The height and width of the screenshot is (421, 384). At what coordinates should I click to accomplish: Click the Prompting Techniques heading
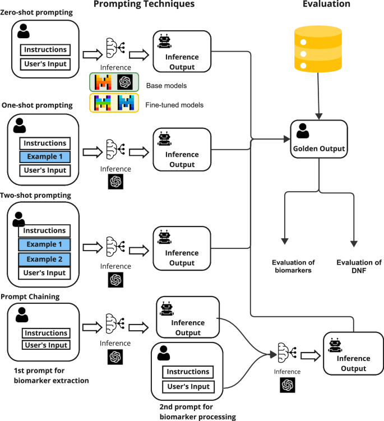pos(144,4)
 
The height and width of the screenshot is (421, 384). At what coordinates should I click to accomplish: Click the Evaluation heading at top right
pos(326,4)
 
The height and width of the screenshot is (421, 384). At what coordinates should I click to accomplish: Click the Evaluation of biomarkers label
pos(293,266)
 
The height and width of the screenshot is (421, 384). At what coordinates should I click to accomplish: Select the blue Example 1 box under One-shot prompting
pos(45,157)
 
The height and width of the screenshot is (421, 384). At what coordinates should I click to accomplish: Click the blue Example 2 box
pos(45,259)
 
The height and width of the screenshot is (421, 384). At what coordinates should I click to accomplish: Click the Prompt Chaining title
pos(31,296)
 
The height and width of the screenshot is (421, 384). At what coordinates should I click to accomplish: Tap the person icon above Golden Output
pos(302,131)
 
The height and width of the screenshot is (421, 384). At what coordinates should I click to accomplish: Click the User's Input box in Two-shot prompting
pos(45,273)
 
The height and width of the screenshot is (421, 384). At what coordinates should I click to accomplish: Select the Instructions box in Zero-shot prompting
pos(45,50)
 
